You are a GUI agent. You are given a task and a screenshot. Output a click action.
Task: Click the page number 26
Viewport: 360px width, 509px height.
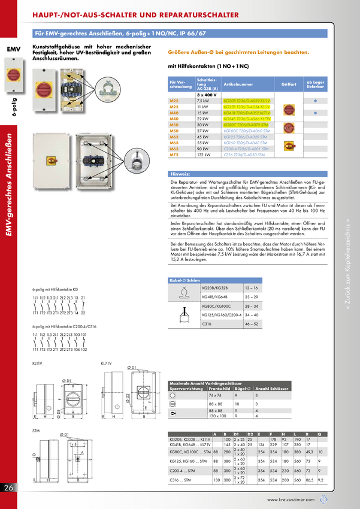click(x=8, y=488)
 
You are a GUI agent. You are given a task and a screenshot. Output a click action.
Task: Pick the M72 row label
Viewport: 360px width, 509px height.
click(x=174, y=154)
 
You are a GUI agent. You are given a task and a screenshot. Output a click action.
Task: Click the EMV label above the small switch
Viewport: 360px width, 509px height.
click(x=13, y=49)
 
